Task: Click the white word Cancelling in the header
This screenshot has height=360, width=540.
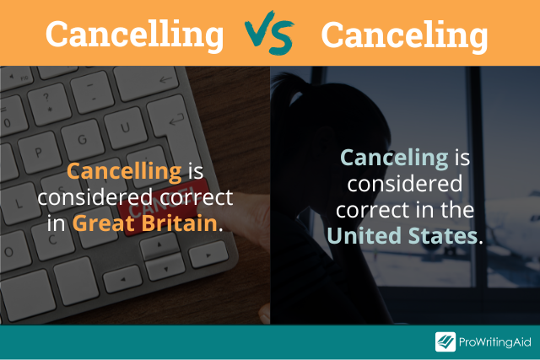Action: [135, 35]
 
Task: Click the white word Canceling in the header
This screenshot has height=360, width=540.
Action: [405, 35]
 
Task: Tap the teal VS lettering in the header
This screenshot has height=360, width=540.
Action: [269, 34]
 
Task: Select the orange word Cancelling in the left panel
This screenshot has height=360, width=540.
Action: [124, 171]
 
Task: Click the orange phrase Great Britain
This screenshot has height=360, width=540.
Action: [145, 223]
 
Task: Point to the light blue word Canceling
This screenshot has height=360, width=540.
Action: [394, 159]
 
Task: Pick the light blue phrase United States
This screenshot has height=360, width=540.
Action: [402, 235]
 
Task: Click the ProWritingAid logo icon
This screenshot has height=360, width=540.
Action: [445, 341]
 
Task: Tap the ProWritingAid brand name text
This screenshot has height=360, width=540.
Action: [495, 342]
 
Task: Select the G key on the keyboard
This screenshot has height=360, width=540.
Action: [82, 140]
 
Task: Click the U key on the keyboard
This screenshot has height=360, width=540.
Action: [126, 127]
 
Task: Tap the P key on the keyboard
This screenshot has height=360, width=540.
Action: [39, 153]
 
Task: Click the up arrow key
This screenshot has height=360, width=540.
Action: [159, 245]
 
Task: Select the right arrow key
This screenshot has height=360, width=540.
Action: [208, 255]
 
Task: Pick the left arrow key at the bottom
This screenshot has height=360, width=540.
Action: [122, 279]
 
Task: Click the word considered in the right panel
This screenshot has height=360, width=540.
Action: [405, 184]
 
